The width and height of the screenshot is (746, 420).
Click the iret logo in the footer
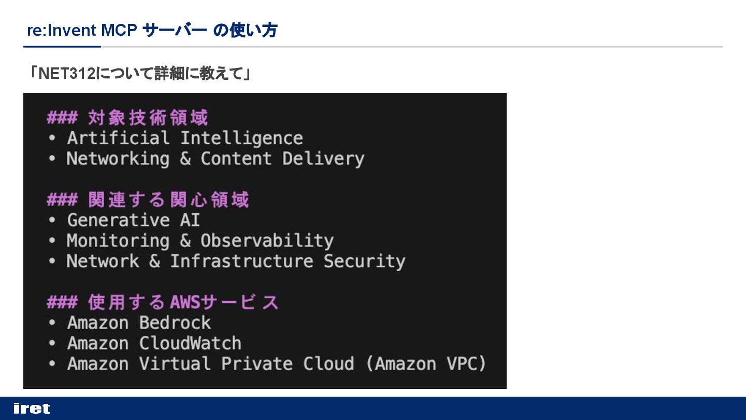[32, 409]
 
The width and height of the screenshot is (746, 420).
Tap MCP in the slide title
[119, 31]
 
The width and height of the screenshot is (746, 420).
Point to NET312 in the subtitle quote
[67, 74]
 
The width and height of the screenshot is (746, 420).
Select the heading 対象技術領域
[148, 118]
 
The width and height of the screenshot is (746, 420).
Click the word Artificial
[118, 138]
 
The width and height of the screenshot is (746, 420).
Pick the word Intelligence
[241, 138]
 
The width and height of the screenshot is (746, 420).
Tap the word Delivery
[323, 159]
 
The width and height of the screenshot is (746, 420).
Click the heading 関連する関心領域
[168, 200]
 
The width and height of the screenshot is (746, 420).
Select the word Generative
[118, 220]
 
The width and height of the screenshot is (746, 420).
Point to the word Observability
[267, 241]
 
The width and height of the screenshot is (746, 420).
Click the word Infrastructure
[241, 261]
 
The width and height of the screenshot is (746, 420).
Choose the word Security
[364, 261]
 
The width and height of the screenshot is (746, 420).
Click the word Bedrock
[175, 323]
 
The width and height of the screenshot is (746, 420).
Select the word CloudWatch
[190, 343]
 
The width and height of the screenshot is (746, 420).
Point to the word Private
[257, 364]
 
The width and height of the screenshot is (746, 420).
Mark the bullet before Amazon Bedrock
[52, 323]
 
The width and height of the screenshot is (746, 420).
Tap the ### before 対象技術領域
[62, 118]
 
